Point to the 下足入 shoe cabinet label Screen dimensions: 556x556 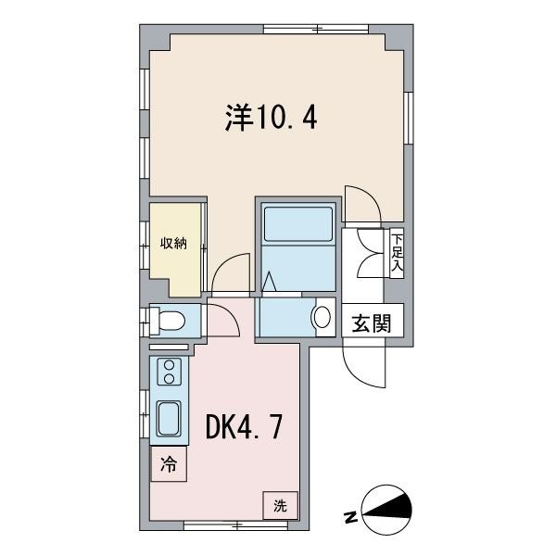click(x=397, y=253)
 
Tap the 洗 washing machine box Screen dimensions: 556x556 click(x=279, y=505)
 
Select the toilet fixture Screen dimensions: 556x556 click(x=170, y=321)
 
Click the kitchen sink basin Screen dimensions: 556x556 click(x=170, y=421)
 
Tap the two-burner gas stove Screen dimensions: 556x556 click(x=170, y=373)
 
